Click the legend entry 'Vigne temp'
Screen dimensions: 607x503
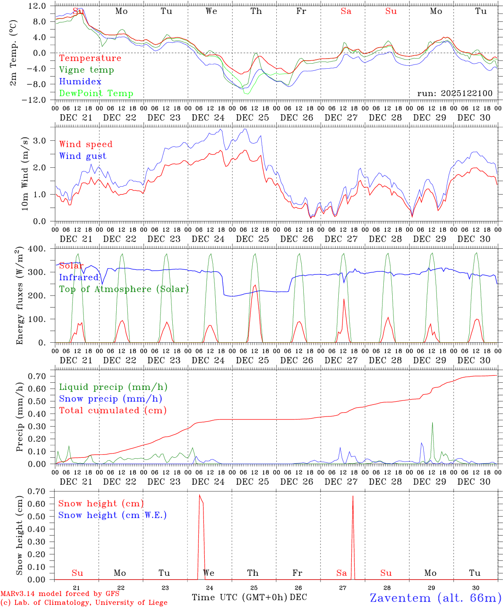pyautogui.click(x=86, y=70)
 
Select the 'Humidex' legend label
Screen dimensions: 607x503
pyautogui.click(x=80, y=82)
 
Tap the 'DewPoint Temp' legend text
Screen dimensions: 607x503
pyautogui.click(x=96, y=94)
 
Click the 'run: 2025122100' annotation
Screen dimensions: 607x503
pyautogui.click(x=455, y=93)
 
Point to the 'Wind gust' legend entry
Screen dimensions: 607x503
pyautogui.click(x=83, y=156)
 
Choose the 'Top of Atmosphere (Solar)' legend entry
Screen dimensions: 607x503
pyautogui.click(x=124, y=289)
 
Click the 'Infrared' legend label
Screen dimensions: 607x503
pyautogui.click(x=79, y=277)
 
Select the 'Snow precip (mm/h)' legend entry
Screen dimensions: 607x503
pyautogui.click(x=110, y=399)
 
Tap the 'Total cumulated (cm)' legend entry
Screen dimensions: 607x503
pyautogui.click(x=112, y=411)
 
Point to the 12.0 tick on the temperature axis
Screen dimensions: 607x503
pyautogui.click(x=38, y=6)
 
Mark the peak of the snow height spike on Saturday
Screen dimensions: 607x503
pyautogui.click(x=353, y=496)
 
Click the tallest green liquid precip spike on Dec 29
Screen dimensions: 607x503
pyautogui.click(x=432, y=422)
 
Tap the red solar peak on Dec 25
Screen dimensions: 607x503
pyautogui.click(x=255, y=286)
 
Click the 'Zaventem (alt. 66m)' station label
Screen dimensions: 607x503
pyautogui.click(x=435, y=598)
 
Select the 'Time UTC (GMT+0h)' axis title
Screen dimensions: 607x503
pyautogui.click(x=239, y=597)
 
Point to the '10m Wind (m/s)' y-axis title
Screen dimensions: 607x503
pyautogui.click(x=25, y=173)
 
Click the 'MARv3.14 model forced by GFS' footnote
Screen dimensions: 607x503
pyautogui.click(x=60, y=594)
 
